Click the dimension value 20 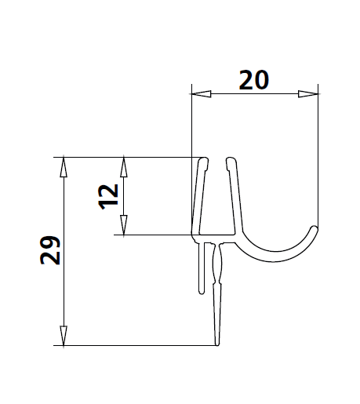click(x=255, y=80)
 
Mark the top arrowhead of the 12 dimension click(x=123, y=166)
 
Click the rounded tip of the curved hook click(x=315, y=231)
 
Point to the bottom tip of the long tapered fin click(x=217, y=343)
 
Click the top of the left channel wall click(x=203, y=160)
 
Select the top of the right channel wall click(x=231, y=160)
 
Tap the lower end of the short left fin click(x=198, y=293)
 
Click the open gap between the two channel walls click(x=217, y=196)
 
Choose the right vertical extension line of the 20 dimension click(x=319, y=157)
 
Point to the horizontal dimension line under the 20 click(x=255, y=95)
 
